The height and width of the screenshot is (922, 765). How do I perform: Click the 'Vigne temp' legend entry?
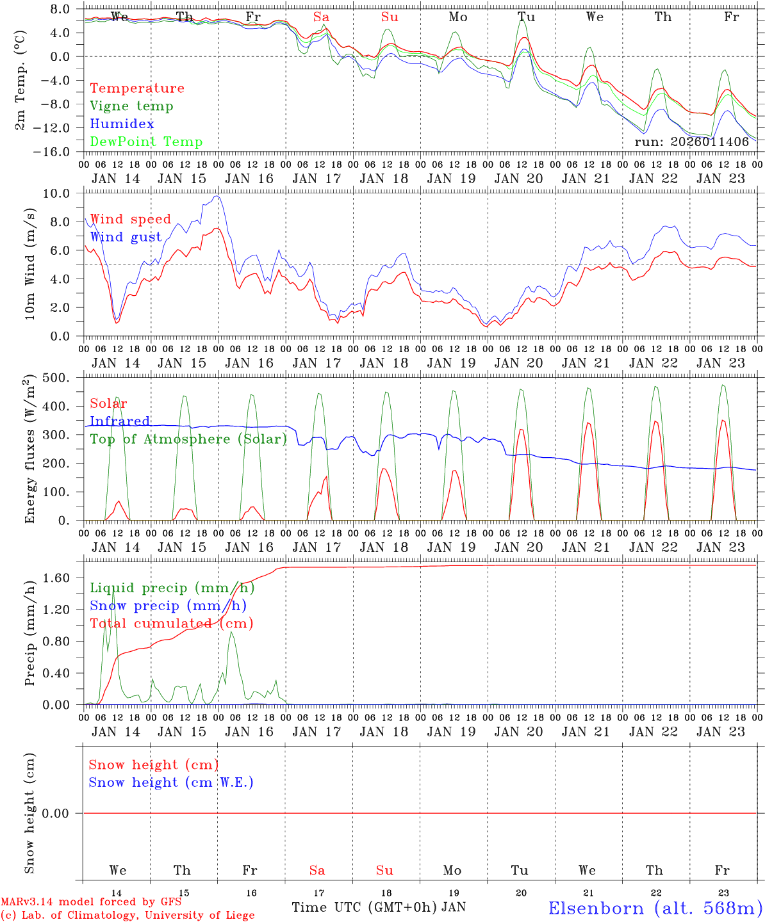[131, 106]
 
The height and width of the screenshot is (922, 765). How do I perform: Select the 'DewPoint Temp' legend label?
[146, 142]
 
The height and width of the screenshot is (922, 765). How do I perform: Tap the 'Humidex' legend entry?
[122, 124]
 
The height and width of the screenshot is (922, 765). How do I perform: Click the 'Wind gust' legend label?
[126, 237]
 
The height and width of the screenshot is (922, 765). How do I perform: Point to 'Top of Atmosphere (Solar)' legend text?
[188, 439]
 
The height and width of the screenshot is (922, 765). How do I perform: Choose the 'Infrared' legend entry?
[120, 421]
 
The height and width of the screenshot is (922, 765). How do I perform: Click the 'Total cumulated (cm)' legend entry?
[171, 623]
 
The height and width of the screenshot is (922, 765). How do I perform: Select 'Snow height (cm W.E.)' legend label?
[171, 782]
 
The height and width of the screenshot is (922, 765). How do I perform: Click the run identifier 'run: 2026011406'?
[691, 142]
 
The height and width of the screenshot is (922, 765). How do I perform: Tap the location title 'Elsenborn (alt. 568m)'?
[655, 908]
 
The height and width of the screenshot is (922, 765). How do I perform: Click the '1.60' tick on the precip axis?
[57, 578]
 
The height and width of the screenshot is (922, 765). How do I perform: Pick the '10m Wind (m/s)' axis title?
[31, 263]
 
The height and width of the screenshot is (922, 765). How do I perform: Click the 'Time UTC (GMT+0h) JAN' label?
[379, 907]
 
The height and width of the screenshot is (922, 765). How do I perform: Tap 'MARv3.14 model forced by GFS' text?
[91, 902]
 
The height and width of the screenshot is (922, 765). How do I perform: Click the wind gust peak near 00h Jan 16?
[217, 196]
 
